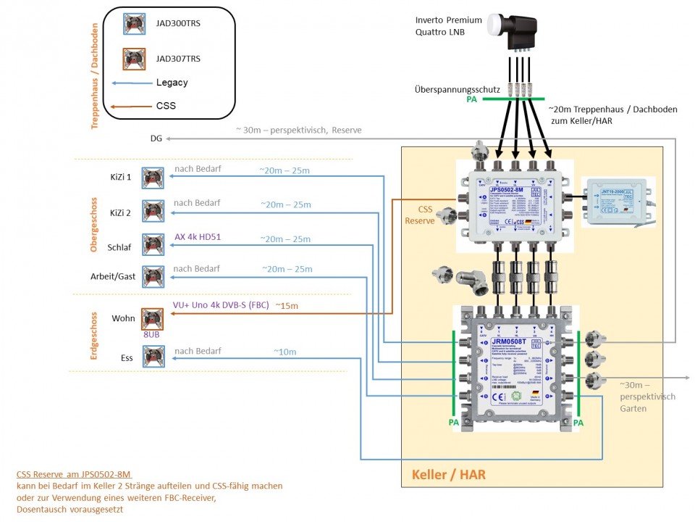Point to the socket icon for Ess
click(153, 357)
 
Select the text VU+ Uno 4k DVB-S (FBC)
click(220, 305)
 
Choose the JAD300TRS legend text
click(178, 24)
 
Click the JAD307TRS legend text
click(178, 58)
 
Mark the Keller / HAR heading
click(449, 475)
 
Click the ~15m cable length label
click(287, 306)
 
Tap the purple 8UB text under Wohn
click(151, 336)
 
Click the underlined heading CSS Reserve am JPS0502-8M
click(73, 474)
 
